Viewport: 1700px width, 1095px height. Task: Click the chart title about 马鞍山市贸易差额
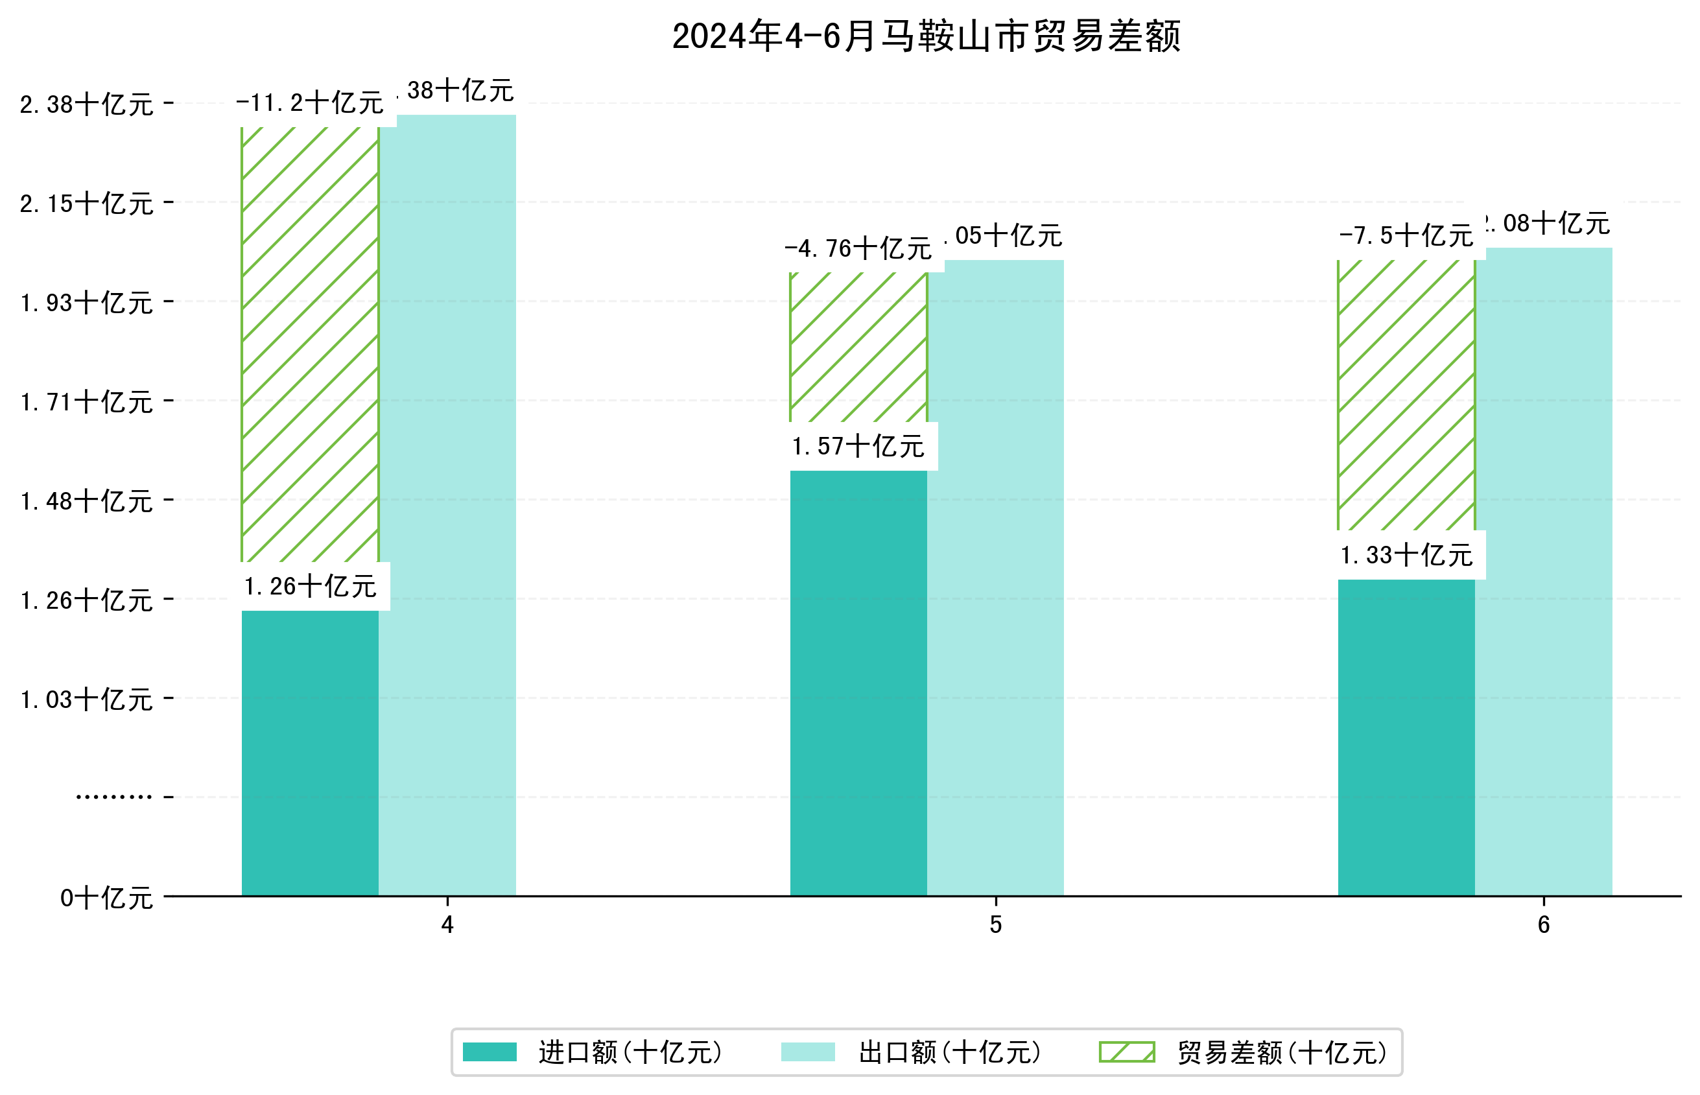coord(926,36)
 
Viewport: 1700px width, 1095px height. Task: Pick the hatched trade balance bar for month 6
coord(1406,395)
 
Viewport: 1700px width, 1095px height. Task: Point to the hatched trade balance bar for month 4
coord(310,345)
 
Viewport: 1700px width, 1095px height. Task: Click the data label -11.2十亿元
coord(310,104)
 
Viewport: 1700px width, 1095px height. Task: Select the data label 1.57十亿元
coord(858,447)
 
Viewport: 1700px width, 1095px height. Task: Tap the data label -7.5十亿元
coord(1406,236)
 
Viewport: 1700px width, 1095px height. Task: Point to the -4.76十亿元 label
coord(858,249)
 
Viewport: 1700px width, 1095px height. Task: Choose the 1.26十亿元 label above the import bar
coord(310,587)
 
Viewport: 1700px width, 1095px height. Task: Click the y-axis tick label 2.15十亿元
coord(87,204)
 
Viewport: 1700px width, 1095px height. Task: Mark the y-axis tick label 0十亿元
coord(106,898)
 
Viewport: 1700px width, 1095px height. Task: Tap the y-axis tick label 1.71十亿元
coord(87,403)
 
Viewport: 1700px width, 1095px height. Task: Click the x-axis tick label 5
coord(995,925)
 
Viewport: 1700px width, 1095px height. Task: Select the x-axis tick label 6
coord(1544,925)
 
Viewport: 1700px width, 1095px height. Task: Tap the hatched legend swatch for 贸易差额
coord(1126,1052)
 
